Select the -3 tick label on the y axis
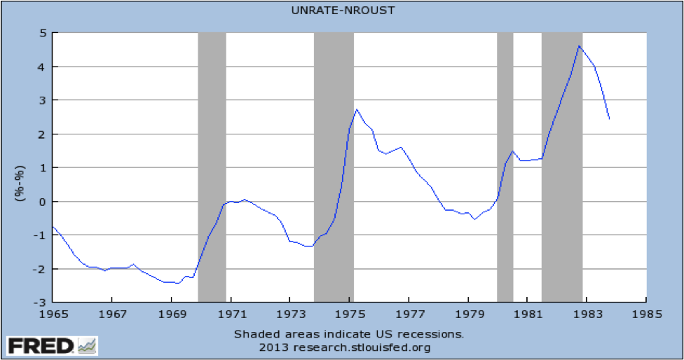[40, 303]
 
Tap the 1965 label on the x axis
[53, 316]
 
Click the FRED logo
[40, 345]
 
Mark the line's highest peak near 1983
[579, 46]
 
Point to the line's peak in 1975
[357, 109]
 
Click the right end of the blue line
[609, 119]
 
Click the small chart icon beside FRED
[88, 345]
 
